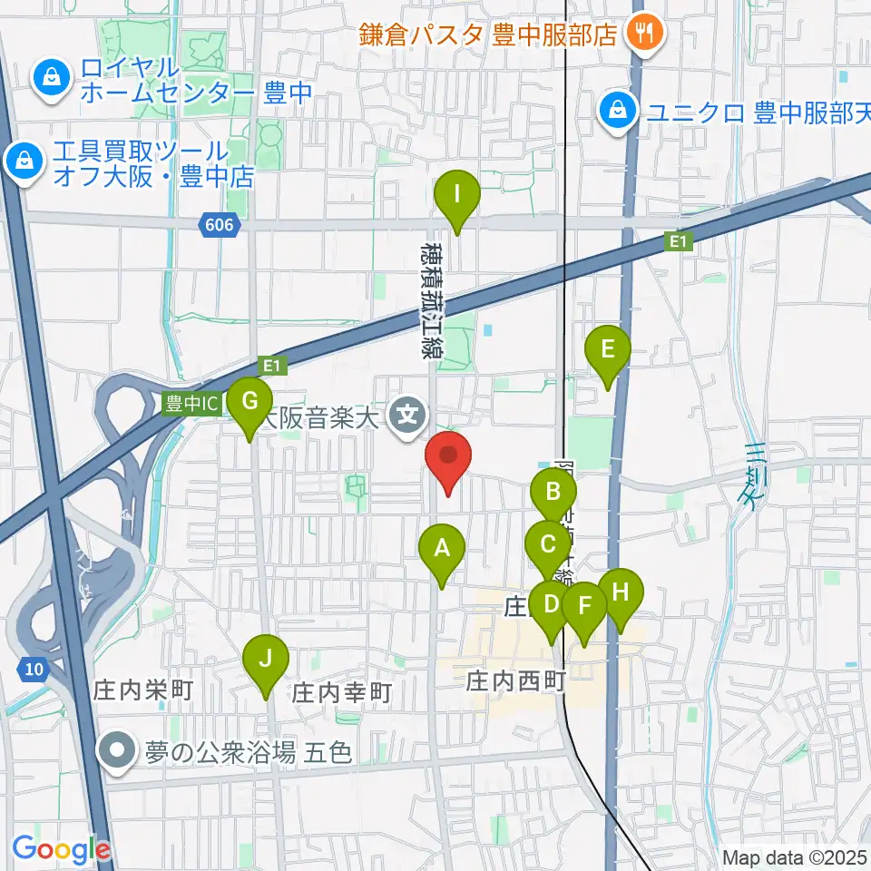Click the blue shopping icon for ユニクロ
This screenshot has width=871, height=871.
tap(618, 113)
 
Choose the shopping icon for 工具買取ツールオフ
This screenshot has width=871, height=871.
tap(21, 163)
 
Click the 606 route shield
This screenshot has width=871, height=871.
tap(219, 226)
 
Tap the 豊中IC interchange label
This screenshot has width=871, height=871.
tap(191, 403)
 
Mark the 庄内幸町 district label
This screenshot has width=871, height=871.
tap(341, 693)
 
